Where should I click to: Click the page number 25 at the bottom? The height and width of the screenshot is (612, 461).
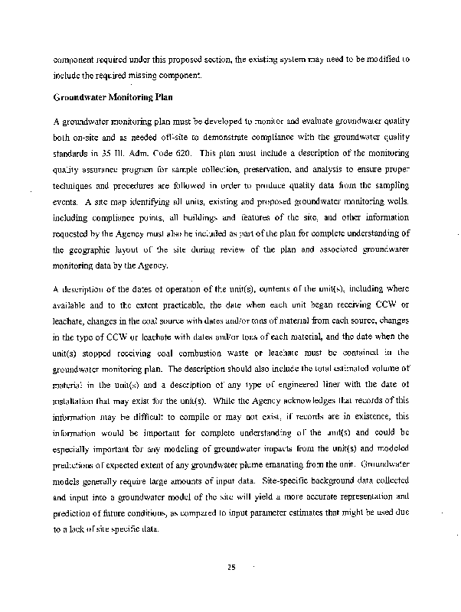[x=230, y=567]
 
